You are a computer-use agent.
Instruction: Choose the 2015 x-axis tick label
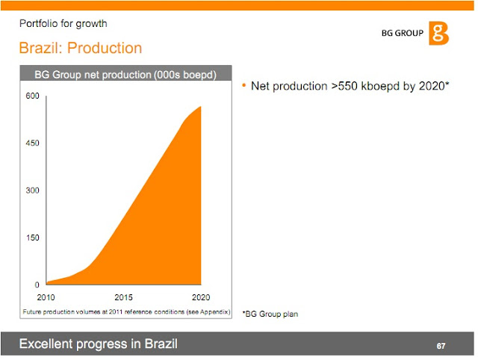point(124,297)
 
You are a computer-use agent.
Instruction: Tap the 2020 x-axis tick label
point(200,297)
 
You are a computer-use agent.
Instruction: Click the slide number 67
point(441,347)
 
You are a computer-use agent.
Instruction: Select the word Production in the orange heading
point(105,49)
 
